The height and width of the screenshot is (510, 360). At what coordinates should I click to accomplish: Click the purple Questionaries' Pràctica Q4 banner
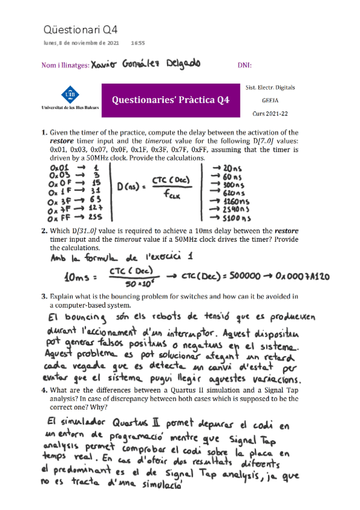170,100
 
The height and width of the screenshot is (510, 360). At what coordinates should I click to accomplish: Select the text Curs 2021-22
270,113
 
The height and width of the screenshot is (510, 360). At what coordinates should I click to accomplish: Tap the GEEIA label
270,100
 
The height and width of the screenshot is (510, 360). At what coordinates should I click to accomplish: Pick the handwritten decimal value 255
93,217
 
